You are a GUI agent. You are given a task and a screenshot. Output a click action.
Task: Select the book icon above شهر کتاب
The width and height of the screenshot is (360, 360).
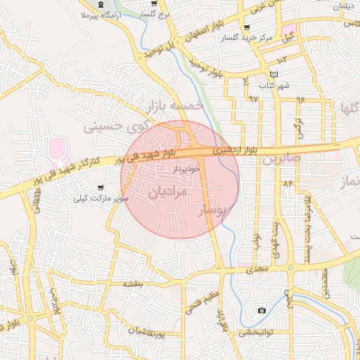[274, 75]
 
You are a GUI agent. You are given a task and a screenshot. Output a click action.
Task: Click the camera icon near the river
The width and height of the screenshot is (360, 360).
[262, 310]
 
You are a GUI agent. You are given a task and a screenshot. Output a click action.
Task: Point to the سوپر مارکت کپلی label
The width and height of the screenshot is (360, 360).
[103, 199]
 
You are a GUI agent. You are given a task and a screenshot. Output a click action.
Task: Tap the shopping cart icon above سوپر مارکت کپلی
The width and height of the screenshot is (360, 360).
[103, 187]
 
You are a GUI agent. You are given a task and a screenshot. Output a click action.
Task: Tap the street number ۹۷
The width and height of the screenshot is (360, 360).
[253, 98]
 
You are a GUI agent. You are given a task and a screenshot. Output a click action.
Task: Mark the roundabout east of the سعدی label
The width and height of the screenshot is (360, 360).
[290, 268]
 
